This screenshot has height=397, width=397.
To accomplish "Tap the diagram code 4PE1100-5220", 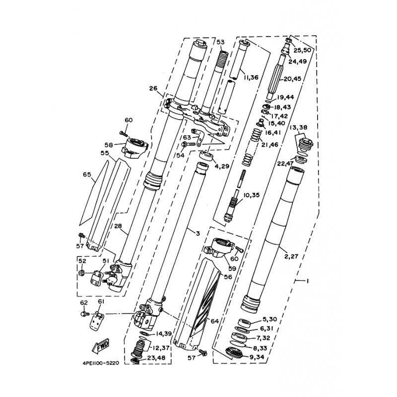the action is click(x=101, y=363).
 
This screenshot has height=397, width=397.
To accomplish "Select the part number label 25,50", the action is click(x=302, y=50).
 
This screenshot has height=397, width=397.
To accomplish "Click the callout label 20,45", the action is click(x=292, y=79).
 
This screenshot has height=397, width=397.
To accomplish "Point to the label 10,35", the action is click(x=251, y=195).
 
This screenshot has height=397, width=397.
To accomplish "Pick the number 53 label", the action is click(x=220, y=42).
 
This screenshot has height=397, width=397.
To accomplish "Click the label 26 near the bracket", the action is click(x=153, y=88).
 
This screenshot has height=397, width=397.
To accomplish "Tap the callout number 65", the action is click(x=87, y=175).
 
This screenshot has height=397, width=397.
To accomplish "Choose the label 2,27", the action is click(x=291, y=256).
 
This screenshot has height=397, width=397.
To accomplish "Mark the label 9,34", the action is click(x=257, y=357).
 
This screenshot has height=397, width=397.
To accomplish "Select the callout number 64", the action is click(x=214, y=321).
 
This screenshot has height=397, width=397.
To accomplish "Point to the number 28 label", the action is click(x=118, y=226).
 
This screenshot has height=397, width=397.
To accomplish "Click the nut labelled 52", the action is click(x=81, y=273).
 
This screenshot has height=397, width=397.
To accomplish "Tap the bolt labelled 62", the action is click(x=84, y=314).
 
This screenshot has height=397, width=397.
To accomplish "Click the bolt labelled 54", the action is click(x=189, y=144).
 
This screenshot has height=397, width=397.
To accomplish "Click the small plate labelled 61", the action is click(x=97, y=322).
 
